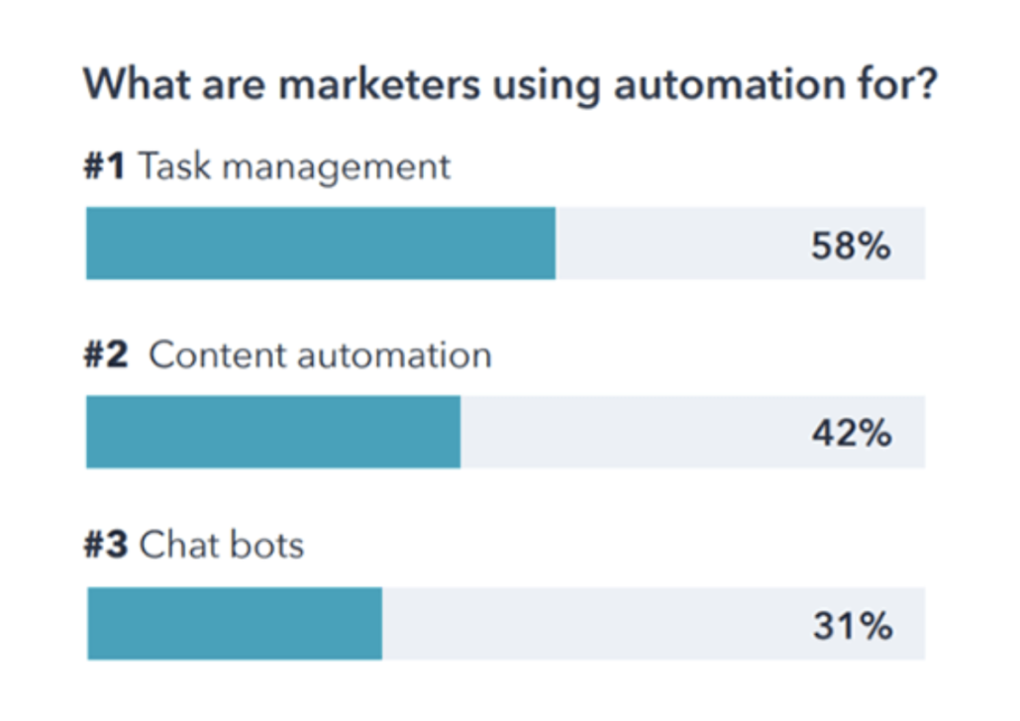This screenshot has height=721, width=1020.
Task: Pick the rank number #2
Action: (x=106, y=356)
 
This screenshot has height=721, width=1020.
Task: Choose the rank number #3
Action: (x=106, y=545)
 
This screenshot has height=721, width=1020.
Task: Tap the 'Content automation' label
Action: (x=320, y=356)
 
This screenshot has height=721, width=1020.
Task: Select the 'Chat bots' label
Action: (x=222, y=545)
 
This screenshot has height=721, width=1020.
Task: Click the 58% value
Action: (x=851, y=245)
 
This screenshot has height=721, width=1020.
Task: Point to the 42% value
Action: (x=852, y=433)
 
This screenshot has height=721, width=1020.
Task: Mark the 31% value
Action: (x=853, y=625)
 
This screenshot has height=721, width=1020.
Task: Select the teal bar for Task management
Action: (x=321, y=244)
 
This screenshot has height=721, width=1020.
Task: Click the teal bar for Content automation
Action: (x=273, y=432)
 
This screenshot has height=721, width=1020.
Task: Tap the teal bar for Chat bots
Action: (x=235, y=624)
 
